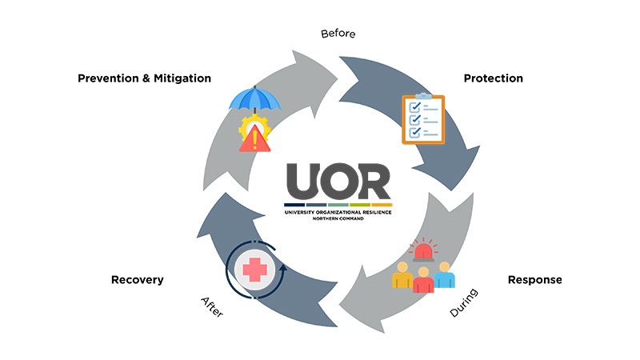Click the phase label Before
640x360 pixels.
point(338,34)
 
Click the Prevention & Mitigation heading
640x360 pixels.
point(144,78)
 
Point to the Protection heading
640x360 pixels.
point(494,78)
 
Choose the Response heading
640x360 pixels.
point(535,280)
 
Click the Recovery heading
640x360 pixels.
point(138,280)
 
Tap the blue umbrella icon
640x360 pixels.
point(255,98)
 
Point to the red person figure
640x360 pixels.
point(424,281)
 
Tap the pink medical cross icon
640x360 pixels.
point(255,271)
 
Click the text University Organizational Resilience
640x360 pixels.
point(338,211)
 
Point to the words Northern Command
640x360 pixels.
point(338,218)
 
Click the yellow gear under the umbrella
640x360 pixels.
point(242,128)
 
